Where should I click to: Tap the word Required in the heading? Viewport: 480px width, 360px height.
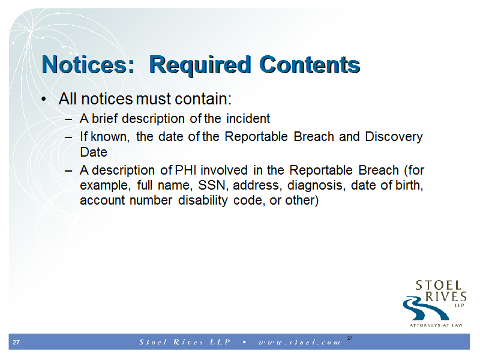[x=200, y=65]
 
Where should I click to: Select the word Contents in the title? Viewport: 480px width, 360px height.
[x=310, y=65]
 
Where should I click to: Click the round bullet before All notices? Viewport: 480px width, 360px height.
[x=44, y=99]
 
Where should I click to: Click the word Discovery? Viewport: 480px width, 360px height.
[x=394, y=137]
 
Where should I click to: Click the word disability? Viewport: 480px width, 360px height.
[x=203, y=200]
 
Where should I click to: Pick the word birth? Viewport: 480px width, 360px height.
[x=409, y=185]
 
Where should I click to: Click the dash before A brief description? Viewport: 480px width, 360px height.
[x=68, y=119]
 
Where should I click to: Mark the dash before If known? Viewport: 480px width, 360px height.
[x=68, y=137]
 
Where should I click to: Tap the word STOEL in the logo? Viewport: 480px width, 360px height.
[x=438, y=286]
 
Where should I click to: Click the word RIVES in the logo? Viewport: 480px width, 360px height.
[x=446, y=296]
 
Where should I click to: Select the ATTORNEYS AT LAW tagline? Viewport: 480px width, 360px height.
[x=436, y=325]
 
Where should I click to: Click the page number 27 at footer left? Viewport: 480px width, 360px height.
[x=16, y=342]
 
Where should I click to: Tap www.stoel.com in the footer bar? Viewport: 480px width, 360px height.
[x=299, y=342]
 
